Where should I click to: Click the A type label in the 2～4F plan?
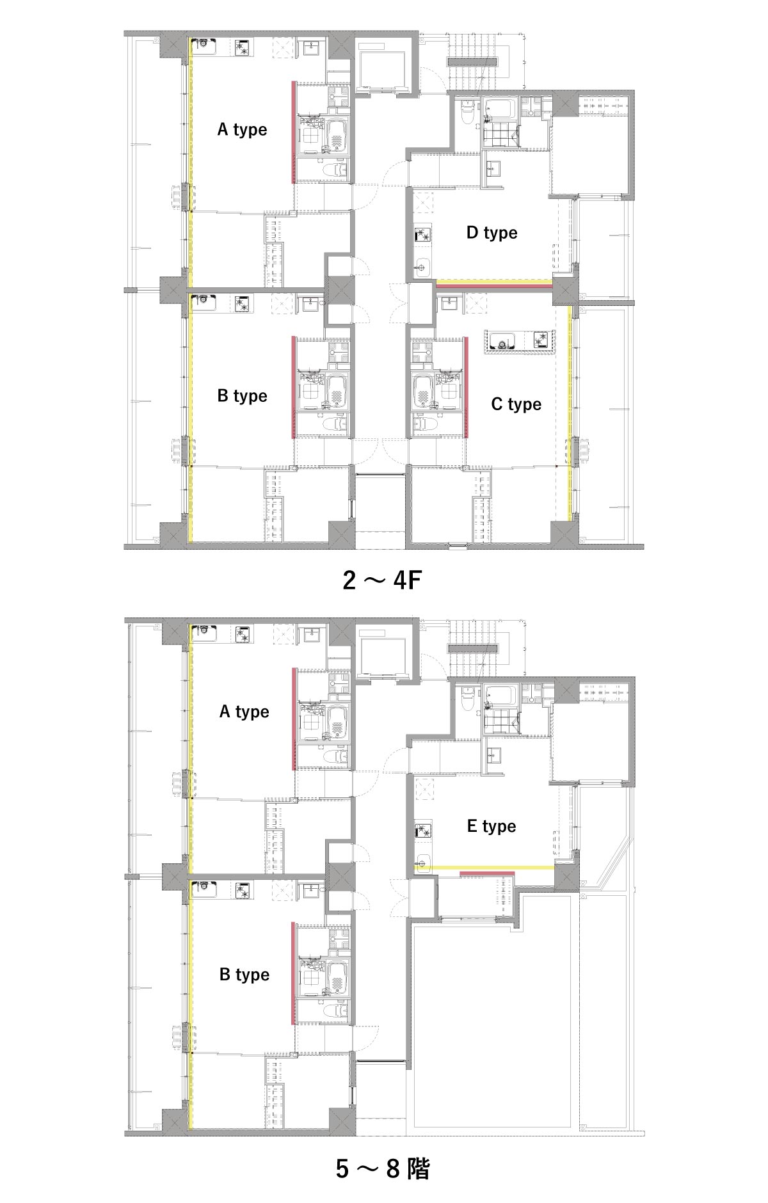[x=242, y=130]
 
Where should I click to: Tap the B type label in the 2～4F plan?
[x=242, y=396]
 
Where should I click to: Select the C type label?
[x=516, y=404]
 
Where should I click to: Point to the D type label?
[x=492, y=233]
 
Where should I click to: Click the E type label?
[x=492, y=826]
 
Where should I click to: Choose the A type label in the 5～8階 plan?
[x=244, y=712]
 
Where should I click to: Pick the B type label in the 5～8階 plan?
[x=244, y=975]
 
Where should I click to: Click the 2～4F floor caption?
[x=382, y=580]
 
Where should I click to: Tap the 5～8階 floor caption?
[x=383, y=1168]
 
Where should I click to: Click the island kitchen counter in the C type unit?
[x=520, y=341]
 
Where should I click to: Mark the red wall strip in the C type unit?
[x=466, y=386]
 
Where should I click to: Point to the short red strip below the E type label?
[x=487, y=873]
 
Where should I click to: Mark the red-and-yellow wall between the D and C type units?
[x=493, y=283]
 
